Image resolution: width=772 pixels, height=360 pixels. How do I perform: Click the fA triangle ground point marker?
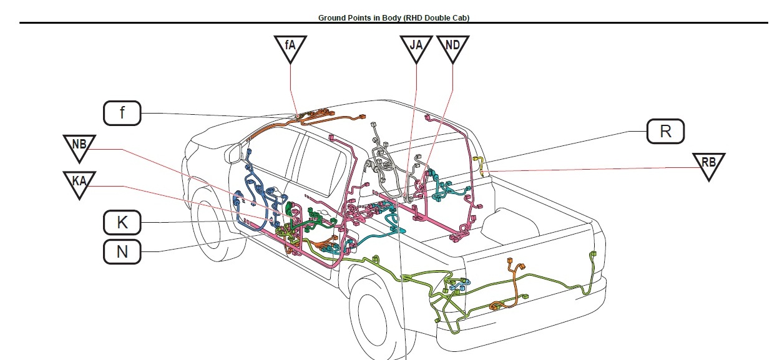point(290,47)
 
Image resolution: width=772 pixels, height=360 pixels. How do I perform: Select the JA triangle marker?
point(416,47)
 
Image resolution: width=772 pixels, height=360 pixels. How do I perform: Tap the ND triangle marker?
point(453,47)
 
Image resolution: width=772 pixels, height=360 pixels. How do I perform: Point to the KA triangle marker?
point(79,183)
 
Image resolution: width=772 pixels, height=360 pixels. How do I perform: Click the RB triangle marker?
point(708,165)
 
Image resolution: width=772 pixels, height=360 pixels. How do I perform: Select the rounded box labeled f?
point(122,113)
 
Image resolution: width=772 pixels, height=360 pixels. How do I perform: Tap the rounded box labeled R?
point(665,131)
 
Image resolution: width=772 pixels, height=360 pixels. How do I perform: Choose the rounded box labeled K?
point(122,221)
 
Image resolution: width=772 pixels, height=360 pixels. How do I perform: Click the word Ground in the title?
point(332,18)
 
